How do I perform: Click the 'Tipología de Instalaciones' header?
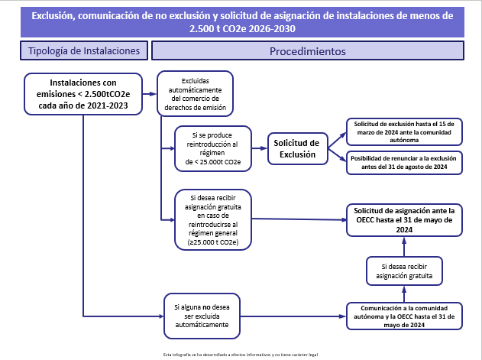[x=83, y=51]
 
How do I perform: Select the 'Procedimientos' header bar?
[x=308, y=51]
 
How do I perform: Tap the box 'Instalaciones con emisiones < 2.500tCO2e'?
[x=84, y=94]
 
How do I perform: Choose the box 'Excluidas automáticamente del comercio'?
[x=195, y=92]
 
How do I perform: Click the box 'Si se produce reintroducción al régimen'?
[x=212, y=148]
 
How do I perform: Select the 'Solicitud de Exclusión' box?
[x=297, y=148]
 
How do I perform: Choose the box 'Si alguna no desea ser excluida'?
[x=201, y=314]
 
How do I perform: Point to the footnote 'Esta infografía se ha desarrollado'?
[x=241, y=355]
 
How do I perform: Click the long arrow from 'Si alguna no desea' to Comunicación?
[x=290, y=315]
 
